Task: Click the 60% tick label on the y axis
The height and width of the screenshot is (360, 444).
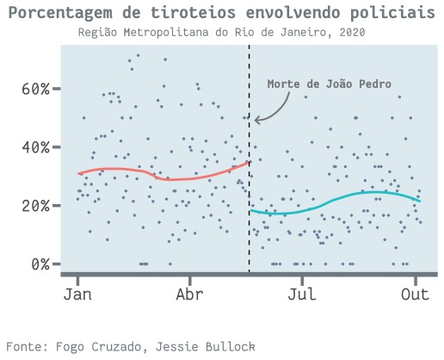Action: [35, 89]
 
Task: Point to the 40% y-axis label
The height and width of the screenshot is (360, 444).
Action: [35, 147]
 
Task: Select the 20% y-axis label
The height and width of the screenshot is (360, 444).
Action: [35, 206]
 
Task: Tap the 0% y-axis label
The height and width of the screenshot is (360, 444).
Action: [40, 264]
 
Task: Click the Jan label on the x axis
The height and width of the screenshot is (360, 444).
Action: [77, 295]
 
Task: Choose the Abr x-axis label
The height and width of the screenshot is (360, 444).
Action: [190, 295]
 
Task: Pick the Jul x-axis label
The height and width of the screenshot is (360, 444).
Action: [302, 295]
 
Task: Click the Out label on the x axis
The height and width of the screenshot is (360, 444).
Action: [415, 295]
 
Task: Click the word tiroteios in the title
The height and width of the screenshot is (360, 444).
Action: [194, 13]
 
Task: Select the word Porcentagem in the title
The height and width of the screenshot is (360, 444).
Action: [60, 13]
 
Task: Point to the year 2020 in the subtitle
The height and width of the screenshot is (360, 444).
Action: [352, 32]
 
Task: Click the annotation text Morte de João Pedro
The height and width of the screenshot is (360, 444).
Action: [330, 84]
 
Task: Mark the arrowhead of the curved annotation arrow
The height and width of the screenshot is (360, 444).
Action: [256, 120]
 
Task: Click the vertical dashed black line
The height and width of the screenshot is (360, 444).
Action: [249, 158]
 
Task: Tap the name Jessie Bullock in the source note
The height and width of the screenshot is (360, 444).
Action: [206, 347]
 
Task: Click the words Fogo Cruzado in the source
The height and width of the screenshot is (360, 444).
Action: [98, 347]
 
